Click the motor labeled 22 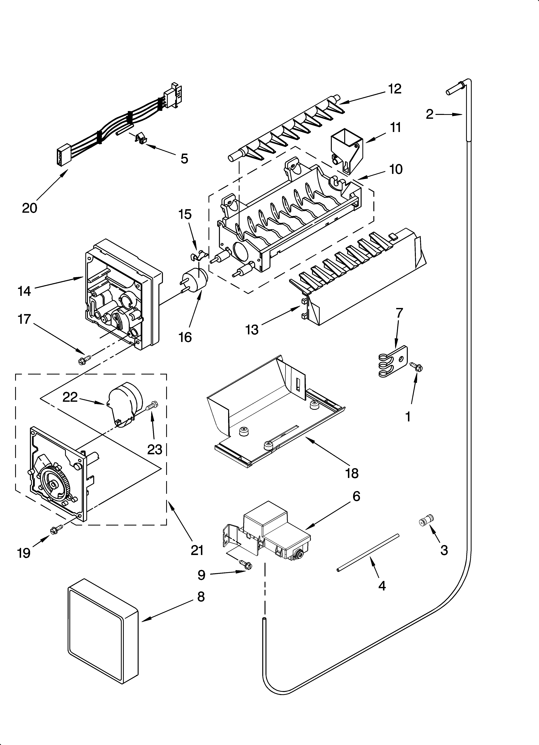[x=125, y=407]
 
